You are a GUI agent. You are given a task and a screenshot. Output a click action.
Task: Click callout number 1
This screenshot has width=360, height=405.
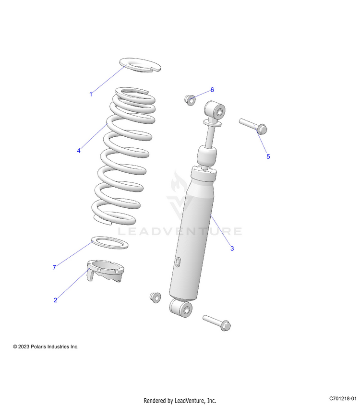pyautogui.click(x=91, y=94)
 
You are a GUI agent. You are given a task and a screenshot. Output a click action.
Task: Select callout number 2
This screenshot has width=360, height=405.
pyautogui.click(x=55, y=300)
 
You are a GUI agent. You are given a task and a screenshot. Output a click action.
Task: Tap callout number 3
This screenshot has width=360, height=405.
pyautogui.click(x=232, y=249)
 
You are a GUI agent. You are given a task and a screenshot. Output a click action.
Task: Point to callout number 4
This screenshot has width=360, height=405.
pyautogui.click(x=78, y=151)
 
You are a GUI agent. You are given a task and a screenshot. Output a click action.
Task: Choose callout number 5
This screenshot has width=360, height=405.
pyautogui.click(x=268, y=156)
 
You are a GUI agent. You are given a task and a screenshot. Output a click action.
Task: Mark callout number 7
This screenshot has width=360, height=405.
pyautogui.click(x=54, y=267)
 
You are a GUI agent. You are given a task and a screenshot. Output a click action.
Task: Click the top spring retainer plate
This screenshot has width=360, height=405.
pyautogui.click(x=139, y=65)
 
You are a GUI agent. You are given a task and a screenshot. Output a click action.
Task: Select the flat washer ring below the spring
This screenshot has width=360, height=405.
pyautogui.click(x=110, y=242)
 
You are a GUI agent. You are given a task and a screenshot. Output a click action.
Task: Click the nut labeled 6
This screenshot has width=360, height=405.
pyautogui.click(x=190, y=100)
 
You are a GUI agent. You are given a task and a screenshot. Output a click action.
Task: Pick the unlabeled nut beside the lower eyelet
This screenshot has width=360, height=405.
pyautogui.click(x=156, y=297)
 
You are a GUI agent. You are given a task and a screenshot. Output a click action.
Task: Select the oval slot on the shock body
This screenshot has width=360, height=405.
pyautogui.click(x=178, y=262)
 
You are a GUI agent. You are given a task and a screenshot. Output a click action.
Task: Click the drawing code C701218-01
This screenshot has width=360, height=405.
pyautogui.click(x=343, y=399)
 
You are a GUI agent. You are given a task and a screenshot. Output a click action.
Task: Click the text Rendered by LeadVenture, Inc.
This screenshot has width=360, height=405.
pyautogui.click(x=180, y=401)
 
